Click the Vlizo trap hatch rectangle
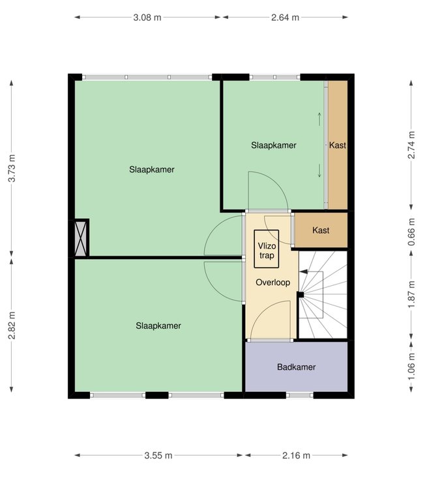pos(267,249)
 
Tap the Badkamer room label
pos(297,367)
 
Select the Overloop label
pos(273,282)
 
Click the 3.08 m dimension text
pos(147,18)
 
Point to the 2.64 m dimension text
pos(285,18)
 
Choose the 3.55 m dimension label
pos(158,455)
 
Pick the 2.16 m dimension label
pos(296,455)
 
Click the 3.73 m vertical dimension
pos(12,168)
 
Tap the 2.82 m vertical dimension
pos(12,326)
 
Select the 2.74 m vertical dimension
pos(411,145)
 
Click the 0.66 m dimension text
pos(411,232)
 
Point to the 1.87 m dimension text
pos(411,295)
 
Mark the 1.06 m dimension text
pos(411,367)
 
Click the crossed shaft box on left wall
pos(81,238)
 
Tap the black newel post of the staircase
pos(301,295)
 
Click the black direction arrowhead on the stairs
pos(303,271)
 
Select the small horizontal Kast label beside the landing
pos(321,230)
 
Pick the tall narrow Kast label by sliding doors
pos(338,145)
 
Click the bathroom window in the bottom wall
pos(300,395)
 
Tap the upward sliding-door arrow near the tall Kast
pos(319,119)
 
